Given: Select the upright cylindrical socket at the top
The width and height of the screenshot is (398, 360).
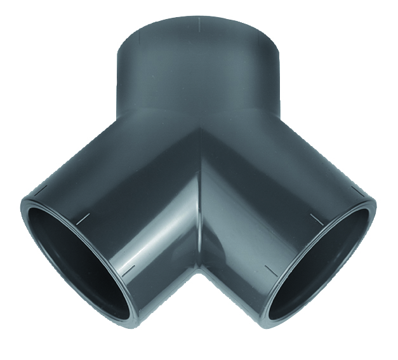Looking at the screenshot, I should click(x=198, y=70).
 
